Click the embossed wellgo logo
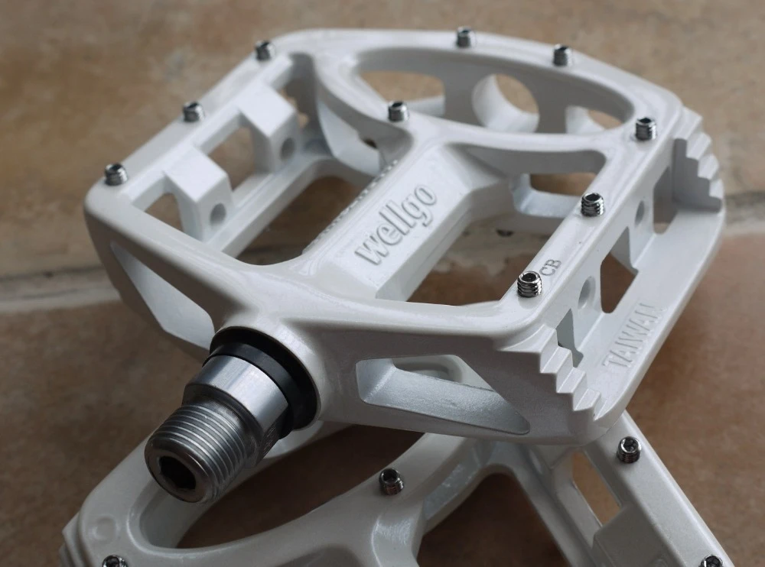(397, 225)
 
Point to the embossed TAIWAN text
(633, 337)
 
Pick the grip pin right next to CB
(529, 283)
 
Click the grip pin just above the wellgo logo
(397, 112)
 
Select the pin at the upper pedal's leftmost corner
(116, 174)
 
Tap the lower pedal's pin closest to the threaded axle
(391, 480)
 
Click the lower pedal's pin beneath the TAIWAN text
(628, 449)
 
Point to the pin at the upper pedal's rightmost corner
(645, 128)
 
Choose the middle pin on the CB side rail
(591, 204)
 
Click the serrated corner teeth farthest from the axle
(700, 164)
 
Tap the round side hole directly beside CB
(587, 291)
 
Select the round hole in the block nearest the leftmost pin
(218, 213)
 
